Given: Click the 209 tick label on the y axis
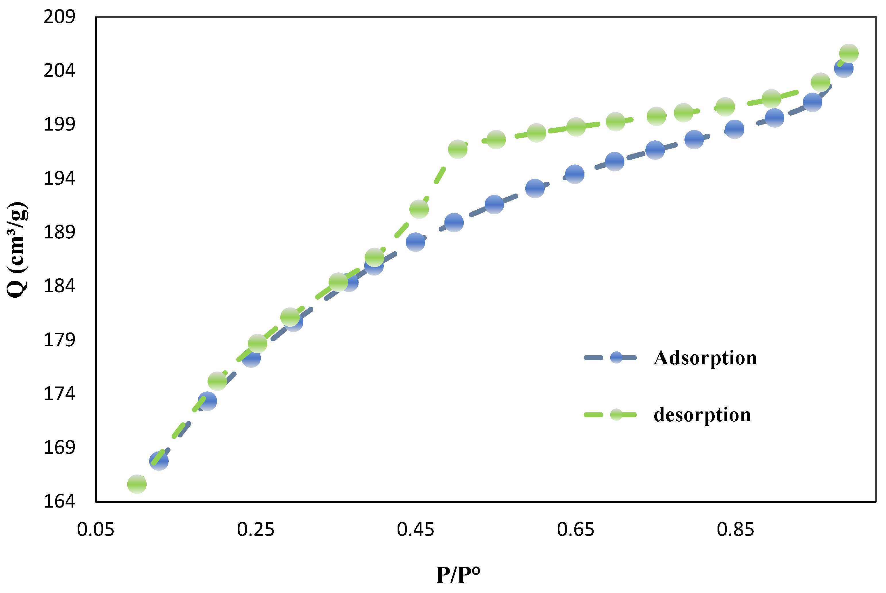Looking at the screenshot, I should coord(59,17).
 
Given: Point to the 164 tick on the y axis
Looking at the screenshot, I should coord(59,502).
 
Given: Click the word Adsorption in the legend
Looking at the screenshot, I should coord(705,358).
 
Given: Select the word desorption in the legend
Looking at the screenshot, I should coord(702,415).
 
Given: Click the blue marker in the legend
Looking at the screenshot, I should coord(616,358).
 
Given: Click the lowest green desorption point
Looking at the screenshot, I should coord(137,484).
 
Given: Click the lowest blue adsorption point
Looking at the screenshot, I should coord(159,461).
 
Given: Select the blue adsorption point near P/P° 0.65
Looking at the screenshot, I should coord(575,174).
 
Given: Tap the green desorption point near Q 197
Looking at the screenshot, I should coord(458,149).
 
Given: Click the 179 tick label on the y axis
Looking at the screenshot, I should coord(59,340).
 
